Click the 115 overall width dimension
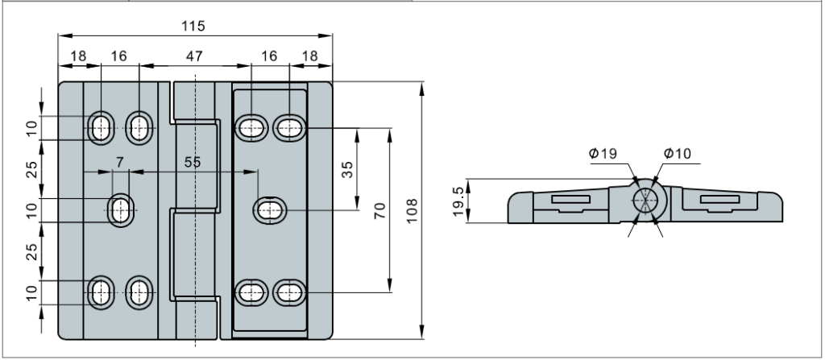tap(193, 26)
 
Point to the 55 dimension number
tap(193, 162)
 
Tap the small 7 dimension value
tap(120, 162)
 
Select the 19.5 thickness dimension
tap(458, 201)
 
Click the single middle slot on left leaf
tap(122, 209)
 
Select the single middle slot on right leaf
tap(269, 210)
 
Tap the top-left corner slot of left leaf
tap(102, 126)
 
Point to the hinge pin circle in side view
tap(646, 201)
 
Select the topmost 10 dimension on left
tap(31, 127)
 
